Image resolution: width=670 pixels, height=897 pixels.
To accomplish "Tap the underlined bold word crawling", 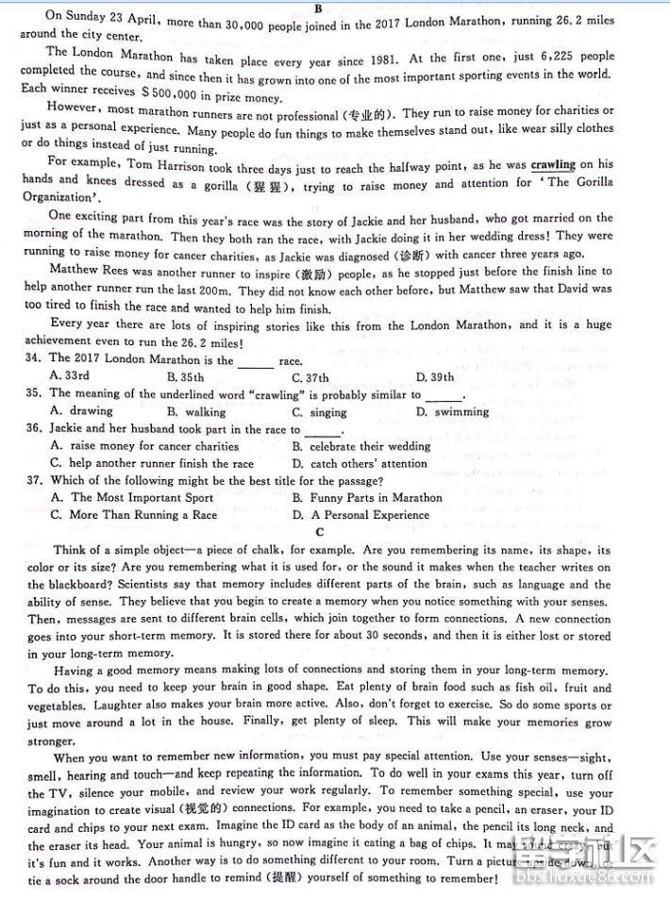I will [552, 165].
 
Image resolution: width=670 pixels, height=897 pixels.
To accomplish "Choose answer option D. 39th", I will [434, 377].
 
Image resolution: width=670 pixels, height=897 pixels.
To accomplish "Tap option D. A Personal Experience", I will [360, 515].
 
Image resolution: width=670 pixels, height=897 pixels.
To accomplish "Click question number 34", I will [33, 359].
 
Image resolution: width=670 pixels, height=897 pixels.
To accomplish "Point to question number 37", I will [33, 480].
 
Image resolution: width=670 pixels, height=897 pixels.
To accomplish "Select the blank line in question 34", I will [256, 361].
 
